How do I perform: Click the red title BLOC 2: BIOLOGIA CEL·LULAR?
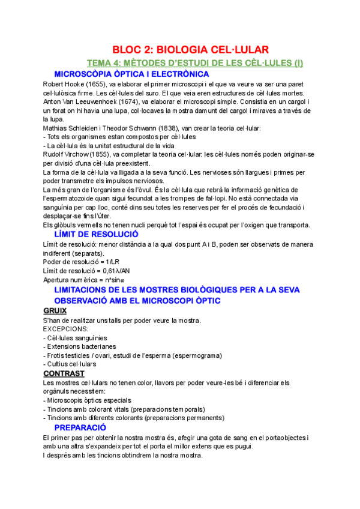191,49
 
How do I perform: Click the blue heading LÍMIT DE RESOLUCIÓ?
105,234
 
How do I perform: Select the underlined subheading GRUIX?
55,310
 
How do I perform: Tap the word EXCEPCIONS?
65,329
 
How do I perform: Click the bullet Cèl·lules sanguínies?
77,338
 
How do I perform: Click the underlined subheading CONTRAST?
64,373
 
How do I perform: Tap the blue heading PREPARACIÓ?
80,427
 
